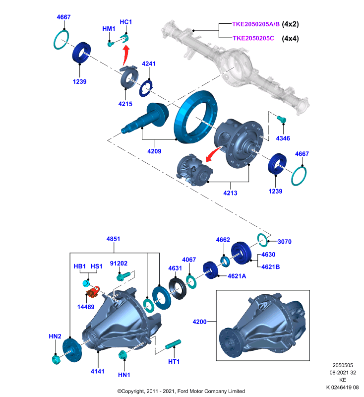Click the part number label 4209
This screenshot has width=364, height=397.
(x=154, y=151)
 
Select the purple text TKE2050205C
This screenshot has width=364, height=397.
(x=253, y=38)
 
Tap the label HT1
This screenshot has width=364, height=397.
(x=174, y=362)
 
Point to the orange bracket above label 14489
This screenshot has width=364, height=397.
(x=93, y=292)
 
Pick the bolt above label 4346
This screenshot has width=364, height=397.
(x=281, y=119)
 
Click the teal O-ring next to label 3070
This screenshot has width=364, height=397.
(x=262, y=240)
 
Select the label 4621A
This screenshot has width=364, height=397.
(x=237, y=276)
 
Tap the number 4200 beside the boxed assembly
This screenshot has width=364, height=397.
(x=199, y=322)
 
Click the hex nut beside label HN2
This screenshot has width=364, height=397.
(x=56, y=359)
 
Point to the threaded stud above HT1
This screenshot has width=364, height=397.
(x=173, y=344)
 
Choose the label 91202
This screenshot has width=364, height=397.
(x=119, y=264)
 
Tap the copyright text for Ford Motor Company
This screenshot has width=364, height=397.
(x=181, y=391)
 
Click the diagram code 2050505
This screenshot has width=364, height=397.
(x=343, y=365)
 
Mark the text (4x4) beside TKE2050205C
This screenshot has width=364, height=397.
(x=291, y=39)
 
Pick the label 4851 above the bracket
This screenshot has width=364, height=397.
(x=114, y=239)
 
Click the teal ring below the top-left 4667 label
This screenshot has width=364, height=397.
(x=61, y=40)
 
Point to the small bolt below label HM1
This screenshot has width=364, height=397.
(x=111, y=44)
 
